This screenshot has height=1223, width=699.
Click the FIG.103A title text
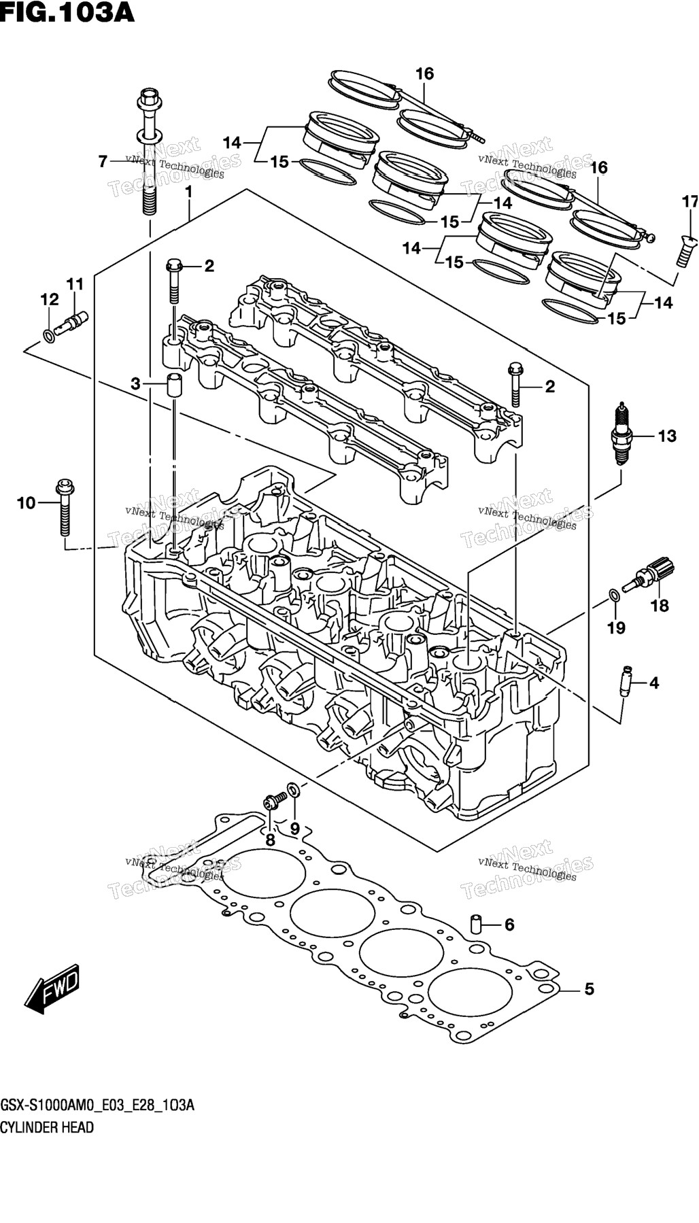click(x=68, y=12)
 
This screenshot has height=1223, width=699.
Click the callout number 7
click(x=103, y=162)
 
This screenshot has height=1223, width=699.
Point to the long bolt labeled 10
click(x=65, y=507)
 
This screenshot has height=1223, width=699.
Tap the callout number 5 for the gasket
click(x=589, y=989)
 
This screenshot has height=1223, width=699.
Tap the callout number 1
click(x=189, y=192)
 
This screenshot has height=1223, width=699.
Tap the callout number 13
click(x=667, y=436)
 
